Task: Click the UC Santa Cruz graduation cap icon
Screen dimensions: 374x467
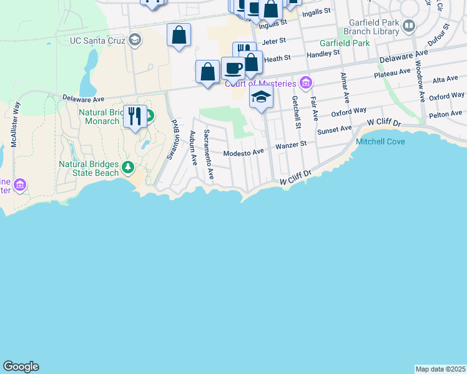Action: (x=134, y=41)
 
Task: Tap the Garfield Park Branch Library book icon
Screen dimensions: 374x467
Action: (x=409, y=26)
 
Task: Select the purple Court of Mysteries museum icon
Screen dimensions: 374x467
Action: (x=305, y=82)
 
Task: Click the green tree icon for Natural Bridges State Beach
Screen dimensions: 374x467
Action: (x=128, y=166)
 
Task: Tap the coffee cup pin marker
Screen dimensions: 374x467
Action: (x=233, y=67)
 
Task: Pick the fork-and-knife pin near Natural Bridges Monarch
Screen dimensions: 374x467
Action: (x=135, y=115)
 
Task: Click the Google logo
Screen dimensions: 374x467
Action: (x=21, y=367)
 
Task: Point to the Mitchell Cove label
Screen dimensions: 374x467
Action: (x=380, y=141)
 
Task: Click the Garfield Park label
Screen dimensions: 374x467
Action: (x=345, y=44)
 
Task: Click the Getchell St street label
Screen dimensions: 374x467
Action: (x=297, y=108)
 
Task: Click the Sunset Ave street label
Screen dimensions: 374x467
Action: (x=335, y=130)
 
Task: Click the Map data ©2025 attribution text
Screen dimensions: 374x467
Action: (x=441, y=369)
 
